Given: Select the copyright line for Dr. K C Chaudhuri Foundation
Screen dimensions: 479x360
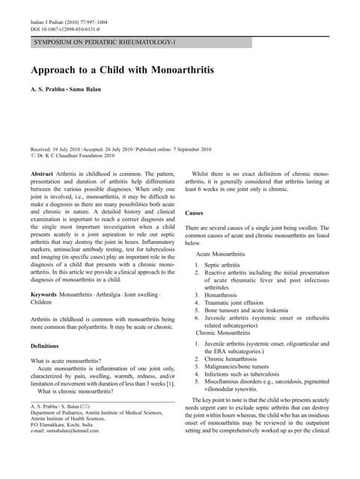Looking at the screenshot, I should pos(73,156).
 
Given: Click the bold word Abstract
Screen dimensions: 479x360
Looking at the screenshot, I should pos(41,173).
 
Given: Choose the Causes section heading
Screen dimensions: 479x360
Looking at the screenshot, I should pos(196,213).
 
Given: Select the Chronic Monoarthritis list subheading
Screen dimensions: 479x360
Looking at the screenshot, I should pos(222,332).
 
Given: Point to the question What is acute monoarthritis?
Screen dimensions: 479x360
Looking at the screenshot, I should pos(70,361).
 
